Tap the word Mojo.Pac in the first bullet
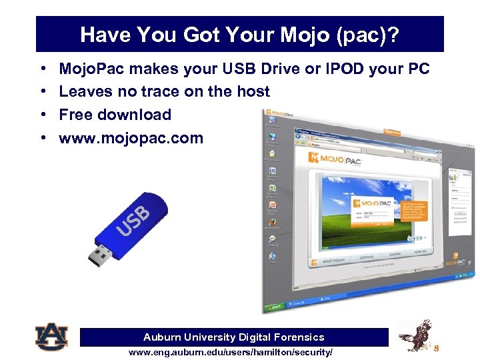pyautogui.click(x=97, y=69)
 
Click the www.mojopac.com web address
pyautogui.click(x=131, y=138)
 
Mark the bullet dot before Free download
pyautogui.click(x=43, y=115)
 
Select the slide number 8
pyautogui.click(x=437, y=348)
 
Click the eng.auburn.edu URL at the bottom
pyautogui.click(x=230, y=352)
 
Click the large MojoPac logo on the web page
pyautogui.click(x=332, y=158)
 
